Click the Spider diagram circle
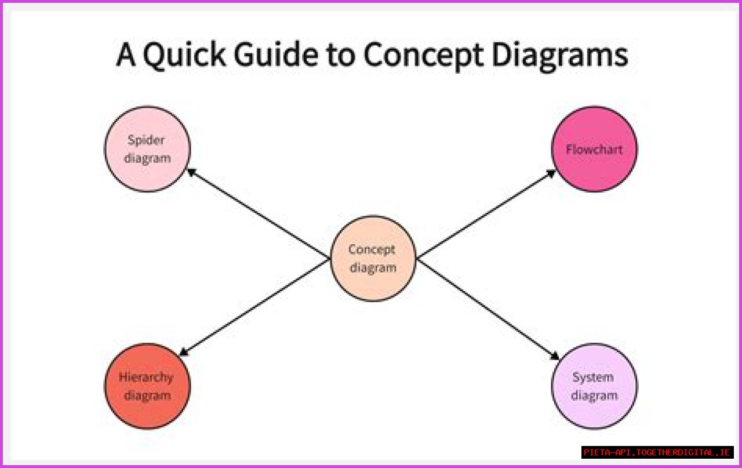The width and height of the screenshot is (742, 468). coord(147,149)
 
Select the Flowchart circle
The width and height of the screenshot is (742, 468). coord(594,149)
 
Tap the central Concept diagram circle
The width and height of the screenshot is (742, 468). coord(373,259)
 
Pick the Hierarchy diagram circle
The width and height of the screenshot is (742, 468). coord(147,386)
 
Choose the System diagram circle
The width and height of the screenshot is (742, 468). coord(594,386)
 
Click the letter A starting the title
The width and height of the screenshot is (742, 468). coord(126,56)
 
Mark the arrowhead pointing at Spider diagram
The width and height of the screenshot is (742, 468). coord(190,172)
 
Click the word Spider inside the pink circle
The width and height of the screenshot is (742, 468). coord(146,140)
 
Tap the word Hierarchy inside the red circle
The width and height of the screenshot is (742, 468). coord(146,378)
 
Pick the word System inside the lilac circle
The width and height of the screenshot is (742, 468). coord(593,378)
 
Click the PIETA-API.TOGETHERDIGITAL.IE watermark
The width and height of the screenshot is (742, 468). coord(657,452)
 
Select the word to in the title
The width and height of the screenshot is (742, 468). coord(340,56)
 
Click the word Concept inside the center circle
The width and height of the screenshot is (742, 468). coord(372,250)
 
